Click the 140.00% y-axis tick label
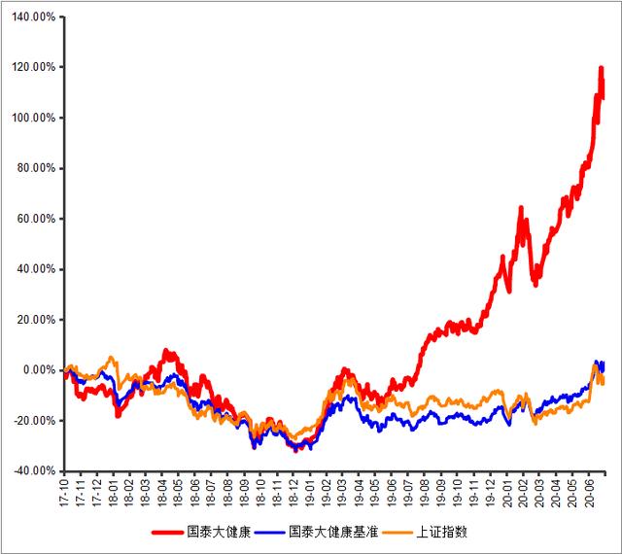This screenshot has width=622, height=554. click(33, 17)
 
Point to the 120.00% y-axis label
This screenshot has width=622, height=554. click(33, 67)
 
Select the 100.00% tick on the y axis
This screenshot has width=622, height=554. click(33, 118)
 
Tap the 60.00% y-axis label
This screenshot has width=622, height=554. click(36, 219)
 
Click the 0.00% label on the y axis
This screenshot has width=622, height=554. click(39, 370)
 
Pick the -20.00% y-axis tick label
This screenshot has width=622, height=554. click(35, 420)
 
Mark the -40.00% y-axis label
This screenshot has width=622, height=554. click(35, 471)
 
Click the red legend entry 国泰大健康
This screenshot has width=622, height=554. click(201, 532)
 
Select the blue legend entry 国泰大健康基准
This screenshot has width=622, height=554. click(316, 532)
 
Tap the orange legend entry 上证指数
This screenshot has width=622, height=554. click(425, 532)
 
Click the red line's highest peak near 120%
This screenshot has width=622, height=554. click(601, 68)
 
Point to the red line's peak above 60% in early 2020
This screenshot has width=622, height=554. click(521, 208)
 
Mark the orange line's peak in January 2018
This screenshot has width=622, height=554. click(111, 357)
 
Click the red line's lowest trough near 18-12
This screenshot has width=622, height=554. click(295, 450)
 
